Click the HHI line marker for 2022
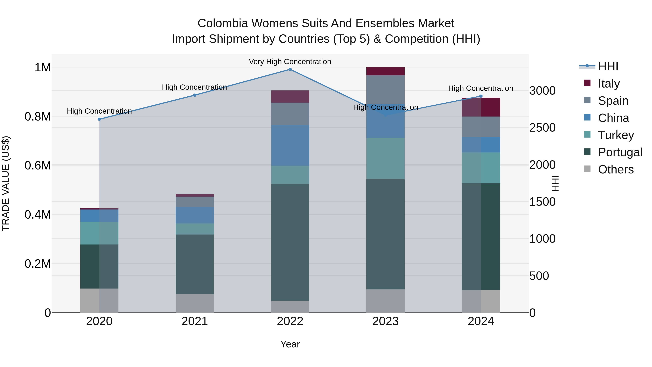pyautogui.click(x=290, y=69)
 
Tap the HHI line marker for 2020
pyautogui.click(x=99, y=119)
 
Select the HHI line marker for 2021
pyautogui.click(x=195, y=95)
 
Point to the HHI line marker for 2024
pyautogui.click(x=481, y=96)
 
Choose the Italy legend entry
pyautogui.click(x=609, y=84)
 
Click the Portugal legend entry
pyautogui.click(x=620, y=152)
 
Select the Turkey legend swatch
pyautogui.click(x=587, y=135)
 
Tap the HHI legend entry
pyautogui.click(x=608, y=66)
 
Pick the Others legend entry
pyautogui.click(x=616, y=169)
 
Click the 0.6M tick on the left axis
pyautogui.click(x=37, y=166)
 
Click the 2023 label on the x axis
pyautogui.click(x=385, y=321)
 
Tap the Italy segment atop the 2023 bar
pyautogui.click(x=385, y=71)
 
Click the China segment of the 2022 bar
pyautogui.click(x=290, y=145)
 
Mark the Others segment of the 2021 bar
pyautogui.click(x=195, y=303)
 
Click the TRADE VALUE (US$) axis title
pyautogui.click(x=6, y=183)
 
